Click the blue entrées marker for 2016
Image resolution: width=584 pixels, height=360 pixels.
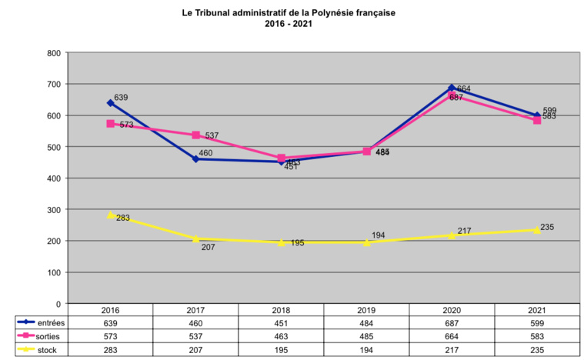(111, 102)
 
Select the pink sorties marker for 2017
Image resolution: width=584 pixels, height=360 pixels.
(196, 135)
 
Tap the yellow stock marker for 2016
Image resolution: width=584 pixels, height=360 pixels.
(111, 215)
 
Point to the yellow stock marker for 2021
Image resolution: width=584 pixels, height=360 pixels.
(537, 230)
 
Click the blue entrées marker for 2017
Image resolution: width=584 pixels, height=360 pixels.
(196, 159)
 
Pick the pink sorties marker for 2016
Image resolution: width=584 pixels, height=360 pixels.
(111, 124)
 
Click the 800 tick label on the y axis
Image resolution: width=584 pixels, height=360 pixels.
(54, 53)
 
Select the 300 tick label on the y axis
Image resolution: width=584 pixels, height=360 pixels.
(54, 210)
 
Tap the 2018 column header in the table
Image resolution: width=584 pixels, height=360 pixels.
(281, 310)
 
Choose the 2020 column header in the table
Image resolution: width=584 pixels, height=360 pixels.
(452, 310)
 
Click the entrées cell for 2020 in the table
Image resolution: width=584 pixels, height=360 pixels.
(452, 323)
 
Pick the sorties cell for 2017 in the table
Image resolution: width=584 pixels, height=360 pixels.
(196, 337)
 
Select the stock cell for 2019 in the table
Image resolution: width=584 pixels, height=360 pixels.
(366, 351)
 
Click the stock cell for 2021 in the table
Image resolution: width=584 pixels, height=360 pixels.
(537, 351)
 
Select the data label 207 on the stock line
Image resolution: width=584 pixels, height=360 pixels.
(207, 247)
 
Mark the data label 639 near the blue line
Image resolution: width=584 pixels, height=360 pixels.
(121, 97)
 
